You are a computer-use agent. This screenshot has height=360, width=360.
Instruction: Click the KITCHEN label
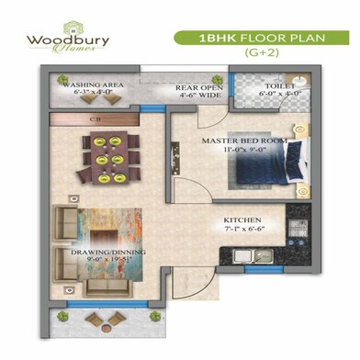(243, 221)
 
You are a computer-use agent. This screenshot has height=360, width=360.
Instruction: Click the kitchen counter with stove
(297, 234)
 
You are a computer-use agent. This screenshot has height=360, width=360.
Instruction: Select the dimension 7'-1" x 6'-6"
(243, 231)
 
